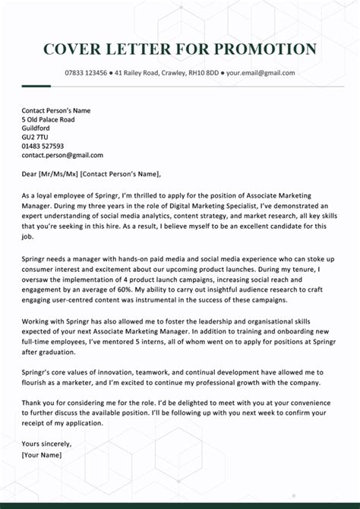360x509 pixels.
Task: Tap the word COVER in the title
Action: click(x=73, y=49)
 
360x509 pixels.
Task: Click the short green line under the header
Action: click(x=36, y=85)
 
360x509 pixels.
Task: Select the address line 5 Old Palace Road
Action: click(x=48, y=119)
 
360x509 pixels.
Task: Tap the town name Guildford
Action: click(x=36, y=128)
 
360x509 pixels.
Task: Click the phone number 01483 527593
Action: click(x=43, y=146)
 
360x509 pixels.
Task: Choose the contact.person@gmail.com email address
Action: click(x=62, y=155)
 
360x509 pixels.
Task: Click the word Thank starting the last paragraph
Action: click(x=31, y=403)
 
